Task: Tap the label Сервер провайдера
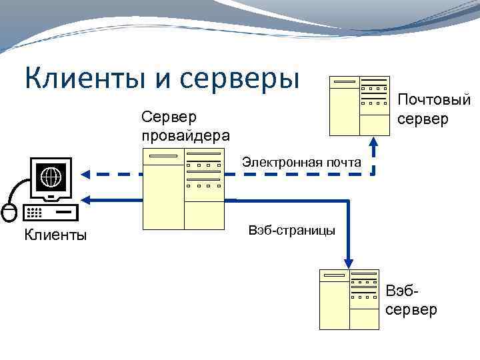(185, 126)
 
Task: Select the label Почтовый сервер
(433, 110)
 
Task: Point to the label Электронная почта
(301, 162)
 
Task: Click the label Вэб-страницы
(291, 230)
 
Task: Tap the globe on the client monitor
(51, 177)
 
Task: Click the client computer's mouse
(9, 212)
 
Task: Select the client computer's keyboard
(49, 212)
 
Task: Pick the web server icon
(349, 299)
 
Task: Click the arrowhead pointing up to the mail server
(374, 141)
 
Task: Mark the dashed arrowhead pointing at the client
(87, 174)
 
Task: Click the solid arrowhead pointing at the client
(87, 199)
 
